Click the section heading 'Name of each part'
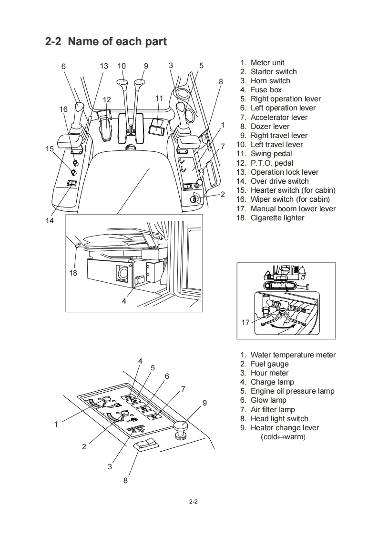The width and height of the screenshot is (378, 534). [x=117, y=41]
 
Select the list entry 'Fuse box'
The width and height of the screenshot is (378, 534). [x=266, y=89]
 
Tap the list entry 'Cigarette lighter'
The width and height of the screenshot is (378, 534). [x=277, y=218]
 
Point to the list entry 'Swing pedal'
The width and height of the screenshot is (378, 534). [x=271, y=153]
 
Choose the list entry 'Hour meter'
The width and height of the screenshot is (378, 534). [x=269, y=373]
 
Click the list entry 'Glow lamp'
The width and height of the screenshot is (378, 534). [x=268, y=400]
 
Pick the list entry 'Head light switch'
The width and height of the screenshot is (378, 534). [x=279, y=418]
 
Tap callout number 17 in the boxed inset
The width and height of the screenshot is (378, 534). [x=245, y=323]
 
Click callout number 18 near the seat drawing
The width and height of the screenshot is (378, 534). [x=73, y=273]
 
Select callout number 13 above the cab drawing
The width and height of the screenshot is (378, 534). [x=104, y=66]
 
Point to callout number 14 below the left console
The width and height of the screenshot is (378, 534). [x=50, y=220]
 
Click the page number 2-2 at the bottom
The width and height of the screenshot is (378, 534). [x=193, y=501]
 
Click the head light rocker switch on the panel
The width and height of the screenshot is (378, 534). [x=146, y=445]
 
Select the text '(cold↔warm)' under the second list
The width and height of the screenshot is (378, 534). [x=283, y=436]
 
